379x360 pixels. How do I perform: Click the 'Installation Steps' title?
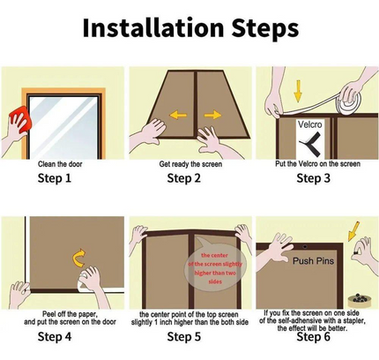pos(190,28)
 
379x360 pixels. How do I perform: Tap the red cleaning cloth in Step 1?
pos(20,121)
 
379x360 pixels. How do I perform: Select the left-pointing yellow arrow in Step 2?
pos(178,115)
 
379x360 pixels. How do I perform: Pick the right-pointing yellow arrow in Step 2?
pos(212,115)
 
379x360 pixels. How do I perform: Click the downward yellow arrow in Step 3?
pos(298,91)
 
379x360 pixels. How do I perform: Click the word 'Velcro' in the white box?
pos(310,124)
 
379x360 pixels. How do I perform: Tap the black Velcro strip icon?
pos(310,142)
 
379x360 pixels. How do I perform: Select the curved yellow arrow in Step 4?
pos(79,259)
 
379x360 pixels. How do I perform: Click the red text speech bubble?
pos(215,267)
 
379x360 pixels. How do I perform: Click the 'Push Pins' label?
pos(313,261)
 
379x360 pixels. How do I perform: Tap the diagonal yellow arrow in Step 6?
pos(353,231)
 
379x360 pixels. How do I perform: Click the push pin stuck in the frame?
pos(305,246)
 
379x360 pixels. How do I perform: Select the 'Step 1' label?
pos(55,178)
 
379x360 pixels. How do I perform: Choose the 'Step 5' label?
pos(184,336)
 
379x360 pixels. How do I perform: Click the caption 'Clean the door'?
pos(60,164)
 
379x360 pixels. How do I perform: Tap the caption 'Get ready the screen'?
pos(190,164)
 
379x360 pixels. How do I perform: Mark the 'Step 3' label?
pos(314,178)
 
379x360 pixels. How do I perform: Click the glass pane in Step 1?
pos(63,128)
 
